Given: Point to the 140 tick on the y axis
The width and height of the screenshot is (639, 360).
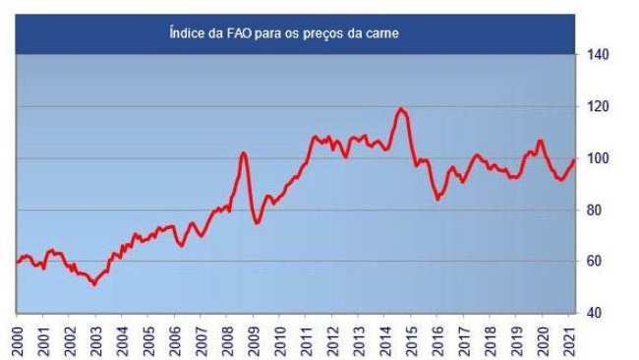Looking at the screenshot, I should click(x=598, y=55).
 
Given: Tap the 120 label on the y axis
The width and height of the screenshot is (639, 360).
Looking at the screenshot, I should click(x=598, y=106).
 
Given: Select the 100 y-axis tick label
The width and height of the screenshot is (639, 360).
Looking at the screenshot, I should click(x=598, y=158).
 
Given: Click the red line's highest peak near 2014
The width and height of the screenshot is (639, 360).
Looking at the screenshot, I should click(x=401, y=108).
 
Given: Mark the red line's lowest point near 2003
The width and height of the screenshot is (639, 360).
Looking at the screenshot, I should click(x=93, y=284).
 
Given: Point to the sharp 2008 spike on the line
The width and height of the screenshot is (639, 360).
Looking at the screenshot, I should click(x=244, y=152).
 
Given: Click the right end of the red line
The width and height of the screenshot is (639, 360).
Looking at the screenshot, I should click(x=574, y=160).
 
